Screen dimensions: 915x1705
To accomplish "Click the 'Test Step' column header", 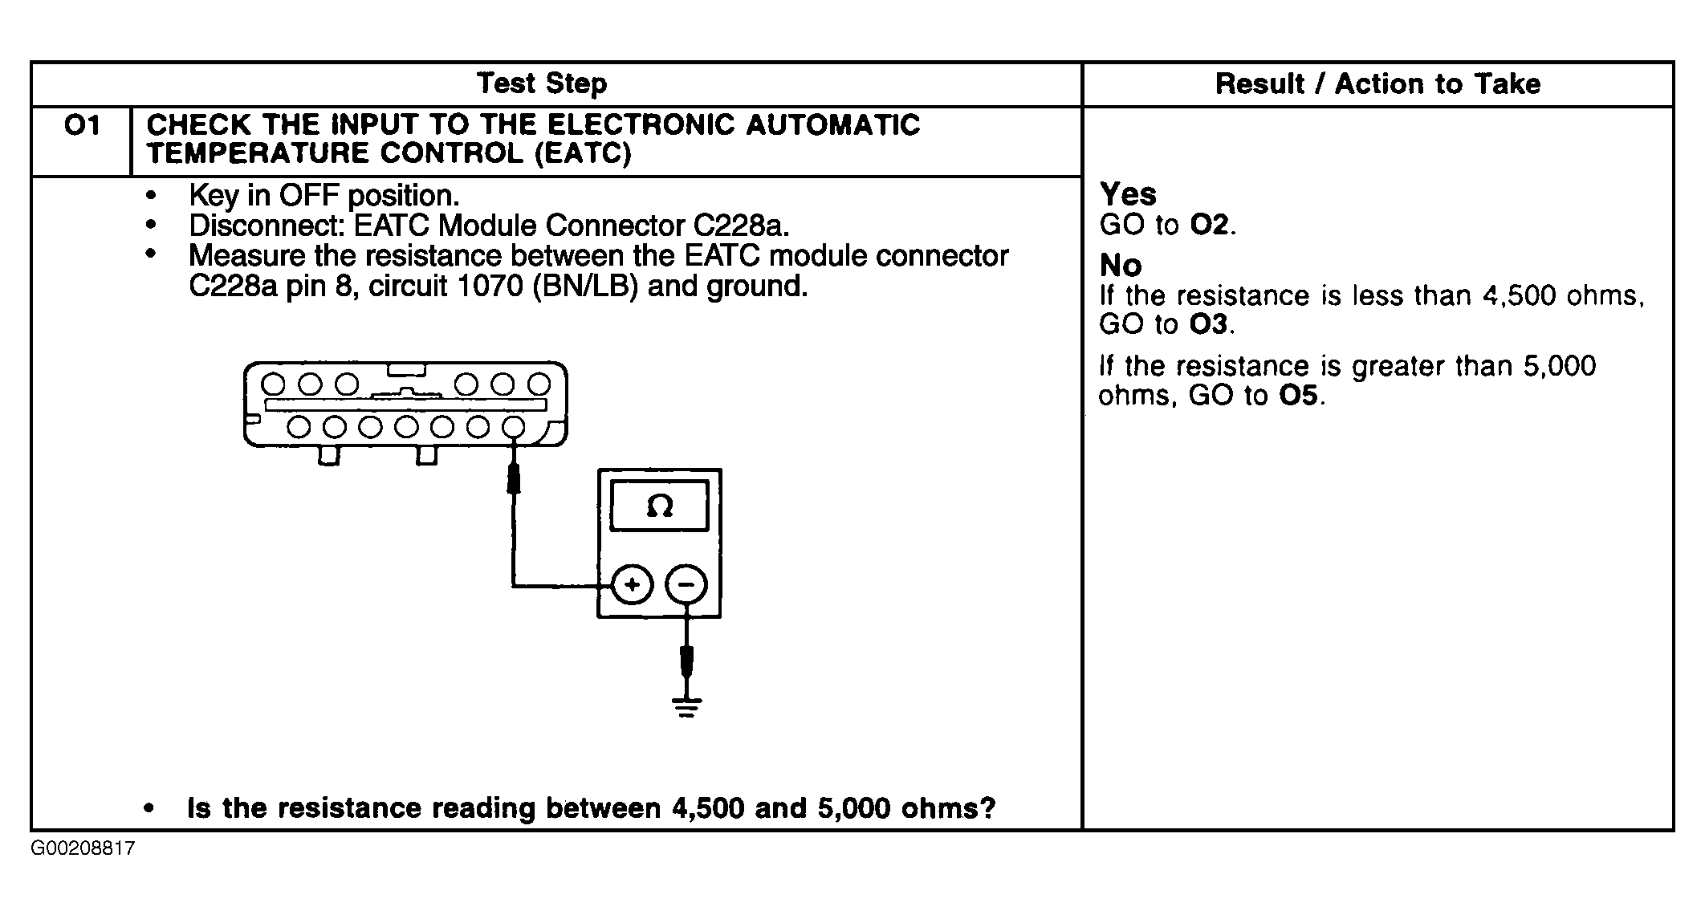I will coord(542,83).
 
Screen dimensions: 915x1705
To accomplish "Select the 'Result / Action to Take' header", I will coord(1377,83).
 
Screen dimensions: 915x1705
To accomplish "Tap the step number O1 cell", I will coord(81,126).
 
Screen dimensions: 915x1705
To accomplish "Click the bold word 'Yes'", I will coord(1128,194).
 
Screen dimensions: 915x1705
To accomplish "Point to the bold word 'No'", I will coord(1120,265).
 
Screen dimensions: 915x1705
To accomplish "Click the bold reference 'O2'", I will coord(1209,226).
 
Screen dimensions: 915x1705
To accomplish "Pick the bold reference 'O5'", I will coord(1298,396).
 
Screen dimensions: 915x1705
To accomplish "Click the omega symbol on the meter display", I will coord(659,506).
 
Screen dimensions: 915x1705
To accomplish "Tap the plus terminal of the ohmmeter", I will coord(632,584).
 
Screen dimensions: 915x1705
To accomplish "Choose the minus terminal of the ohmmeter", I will coord(686,584).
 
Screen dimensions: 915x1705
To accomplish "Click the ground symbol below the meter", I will coord(686,706).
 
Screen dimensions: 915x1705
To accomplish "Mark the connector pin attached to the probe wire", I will coord(513,427).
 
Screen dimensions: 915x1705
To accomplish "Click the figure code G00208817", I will coord(83,849).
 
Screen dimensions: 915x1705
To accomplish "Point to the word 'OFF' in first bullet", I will coord(309,196).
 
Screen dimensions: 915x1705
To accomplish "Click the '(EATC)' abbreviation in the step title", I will coord(584,153).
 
